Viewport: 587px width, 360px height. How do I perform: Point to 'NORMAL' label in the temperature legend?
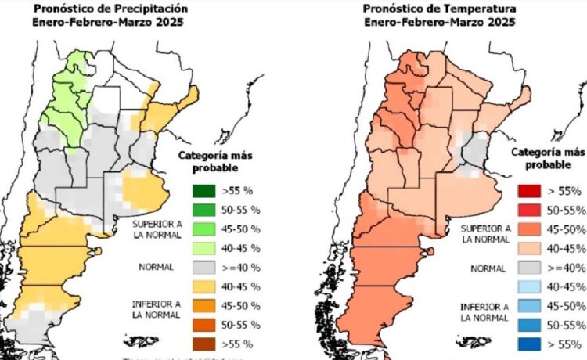[x=486, y=268]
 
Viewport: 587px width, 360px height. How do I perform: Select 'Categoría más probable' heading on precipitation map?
[x=215, y=160]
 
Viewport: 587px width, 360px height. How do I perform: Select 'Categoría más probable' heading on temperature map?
[x=547, y=159]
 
